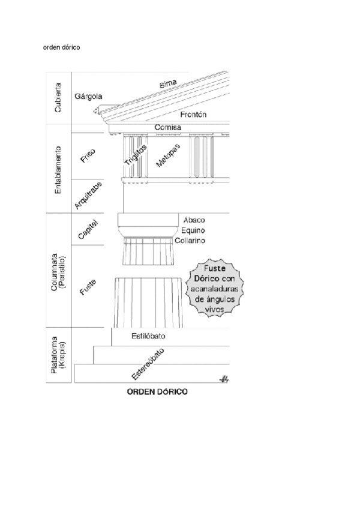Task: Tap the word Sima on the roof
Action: click(x=168, y=85)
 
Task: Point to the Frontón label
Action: click(x=193, y=114)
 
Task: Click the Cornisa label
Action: click(x=168, y=128)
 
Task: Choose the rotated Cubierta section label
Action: click(x=58, y=99)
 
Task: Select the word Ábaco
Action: click(x=193, y=220)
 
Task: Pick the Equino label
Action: click(x=193, y=230)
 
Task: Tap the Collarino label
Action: click(x=191, y=240)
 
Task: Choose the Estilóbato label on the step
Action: click(x=148, y=337)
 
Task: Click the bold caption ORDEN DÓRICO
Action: click(x=156, y=392)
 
